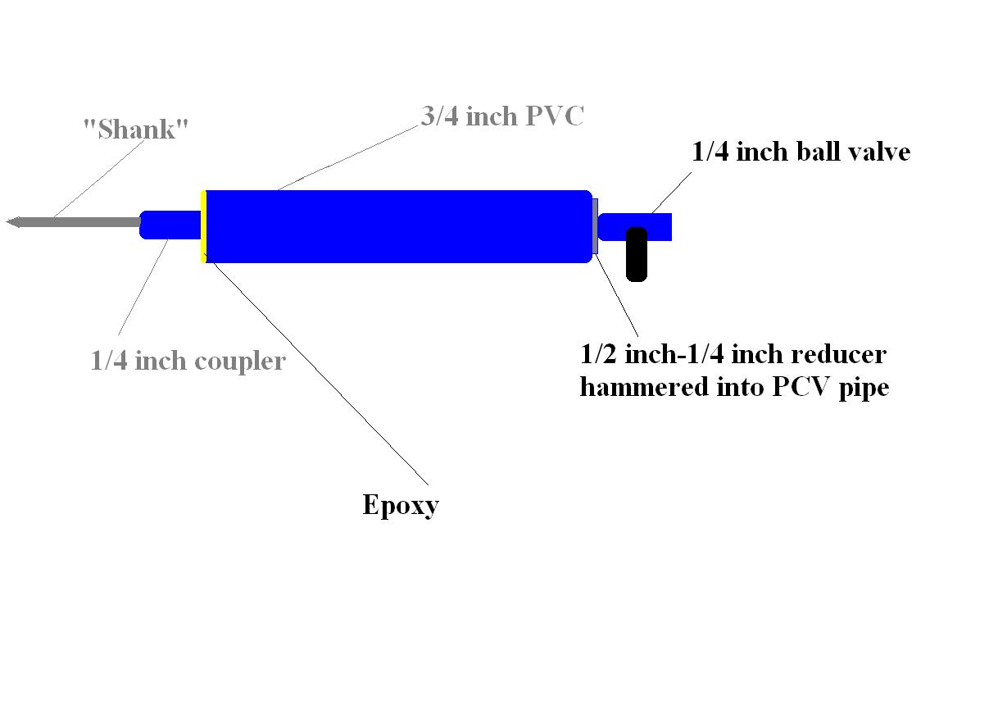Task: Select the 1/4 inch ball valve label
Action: point(801,152)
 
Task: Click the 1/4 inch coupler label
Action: point(188,361)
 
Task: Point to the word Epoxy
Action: point(400,505)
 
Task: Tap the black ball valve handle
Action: point(637,254)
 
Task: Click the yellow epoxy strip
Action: point(202,226)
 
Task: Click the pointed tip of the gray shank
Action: point(11,221)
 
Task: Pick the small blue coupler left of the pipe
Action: point(170,225)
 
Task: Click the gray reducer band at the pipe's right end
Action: point(595,225)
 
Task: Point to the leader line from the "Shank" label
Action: point(90,180)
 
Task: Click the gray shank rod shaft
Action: point(82,221)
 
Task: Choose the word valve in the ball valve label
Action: point(877,152)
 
